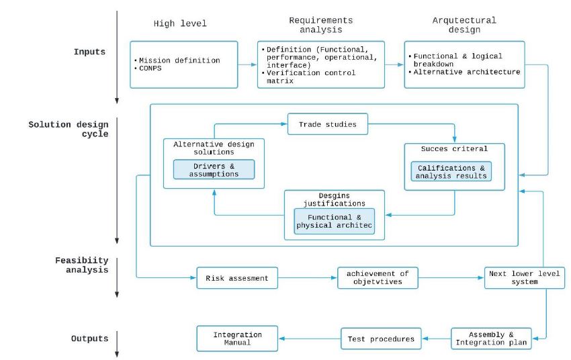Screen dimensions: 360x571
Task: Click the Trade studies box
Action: [328, 124]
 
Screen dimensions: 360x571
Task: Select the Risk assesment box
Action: [236, 278]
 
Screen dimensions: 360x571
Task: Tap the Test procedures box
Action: [382, 339]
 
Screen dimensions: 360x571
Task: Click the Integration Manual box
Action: [236, 339]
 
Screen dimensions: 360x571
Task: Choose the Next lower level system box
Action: [525, 278]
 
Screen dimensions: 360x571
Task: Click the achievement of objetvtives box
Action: [378, 278]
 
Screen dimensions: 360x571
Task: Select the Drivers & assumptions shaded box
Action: [214, 169]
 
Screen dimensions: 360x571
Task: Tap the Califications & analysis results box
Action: [451, 172]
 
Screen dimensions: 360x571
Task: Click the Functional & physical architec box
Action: [334, 222]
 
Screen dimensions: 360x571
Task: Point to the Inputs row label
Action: [89, 52]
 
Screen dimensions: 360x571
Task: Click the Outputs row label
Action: [89, 339]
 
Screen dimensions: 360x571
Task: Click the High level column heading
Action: [180, 24]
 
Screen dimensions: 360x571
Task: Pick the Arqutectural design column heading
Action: [464, 25]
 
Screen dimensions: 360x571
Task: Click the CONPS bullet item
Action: [151, 69]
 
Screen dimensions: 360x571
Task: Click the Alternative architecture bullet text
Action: [466, 72]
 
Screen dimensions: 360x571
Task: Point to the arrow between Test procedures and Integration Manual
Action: [309, 339]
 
